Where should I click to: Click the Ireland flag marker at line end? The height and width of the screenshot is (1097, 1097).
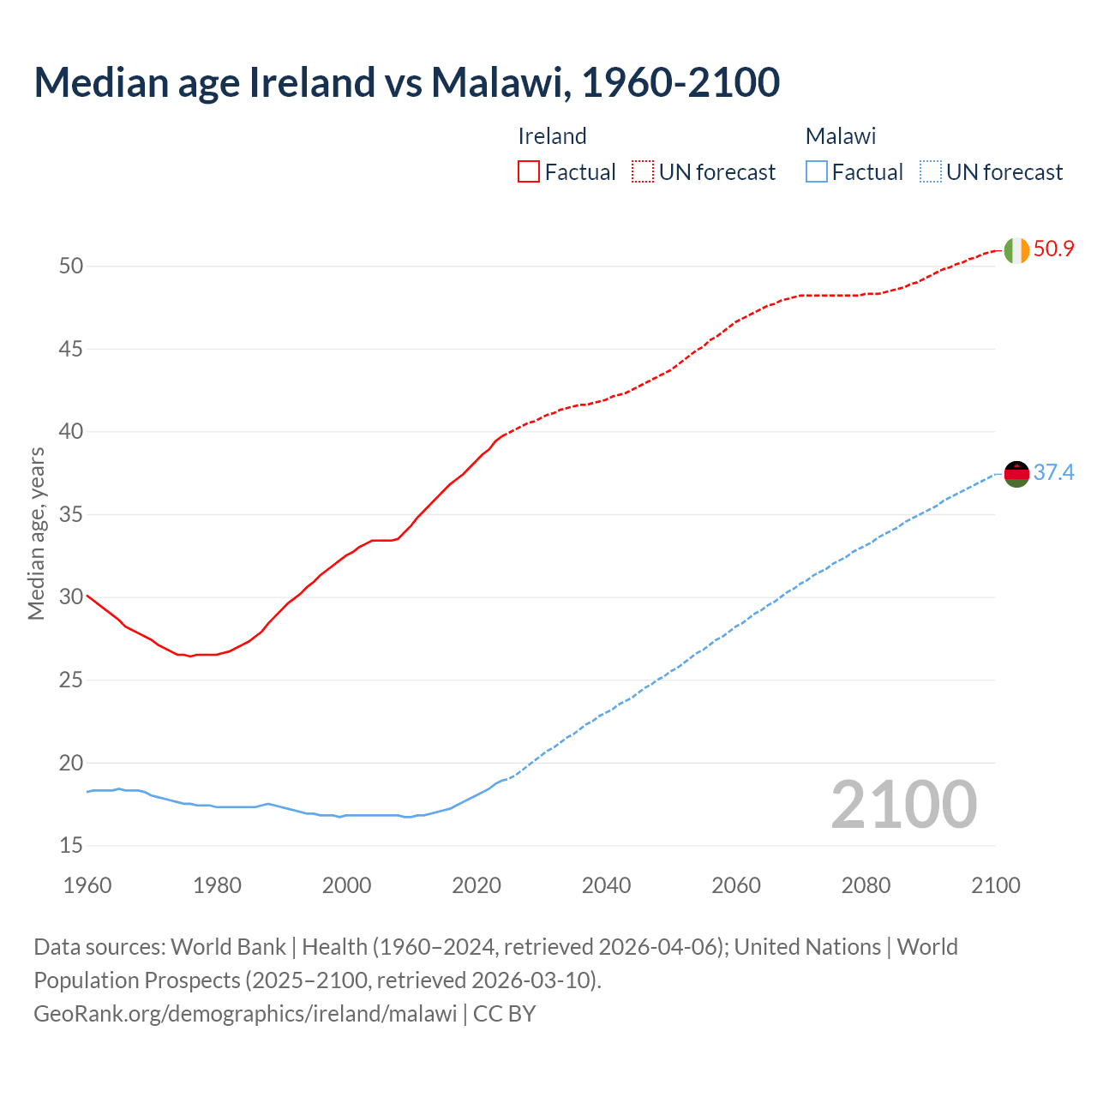point(1016,250)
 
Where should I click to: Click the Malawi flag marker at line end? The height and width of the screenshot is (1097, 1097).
point(1016,473)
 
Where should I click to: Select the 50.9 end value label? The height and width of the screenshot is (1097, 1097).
point(1053,249)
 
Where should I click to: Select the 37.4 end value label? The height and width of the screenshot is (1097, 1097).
point(1053,473)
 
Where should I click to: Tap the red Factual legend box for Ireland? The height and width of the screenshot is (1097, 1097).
point(529,171)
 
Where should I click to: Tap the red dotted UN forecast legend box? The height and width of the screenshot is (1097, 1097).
point(643,171)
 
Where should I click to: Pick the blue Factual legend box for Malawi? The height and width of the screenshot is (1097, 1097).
point(816,171)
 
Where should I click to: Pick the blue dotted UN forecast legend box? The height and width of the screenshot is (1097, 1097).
point(930,171)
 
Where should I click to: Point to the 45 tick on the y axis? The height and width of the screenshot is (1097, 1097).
point(71,349)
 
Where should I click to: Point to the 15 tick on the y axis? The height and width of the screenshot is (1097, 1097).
point(71,846)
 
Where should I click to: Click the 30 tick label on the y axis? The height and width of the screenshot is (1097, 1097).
point(71,597)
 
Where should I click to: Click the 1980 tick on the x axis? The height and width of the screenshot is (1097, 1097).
point(217,885)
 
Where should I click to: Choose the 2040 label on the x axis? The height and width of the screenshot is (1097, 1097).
point(606,885)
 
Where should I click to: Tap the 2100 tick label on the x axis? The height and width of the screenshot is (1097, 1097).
point(995,885)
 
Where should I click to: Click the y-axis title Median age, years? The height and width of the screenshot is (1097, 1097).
point(36,533)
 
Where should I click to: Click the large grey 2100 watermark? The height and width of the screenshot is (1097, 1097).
point(903,805)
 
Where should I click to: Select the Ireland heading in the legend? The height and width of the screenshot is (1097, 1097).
point(552,136)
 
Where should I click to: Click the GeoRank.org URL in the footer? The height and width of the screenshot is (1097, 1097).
point(245,1013)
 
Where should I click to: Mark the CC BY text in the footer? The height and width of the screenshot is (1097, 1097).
point(504,1013)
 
